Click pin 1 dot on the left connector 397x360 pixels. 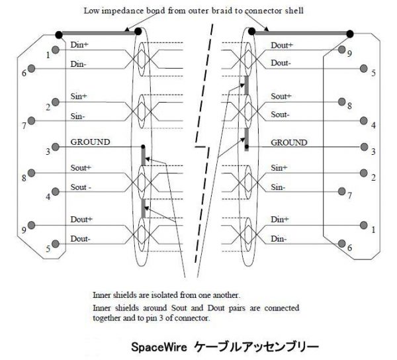[x=56, y=50]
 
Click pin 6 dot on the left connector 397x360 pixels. [x=31, y=68]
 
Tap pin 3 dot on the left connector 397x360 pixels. [x=56, y=147]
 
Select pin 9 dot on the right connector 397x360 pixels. [x=342, y=50]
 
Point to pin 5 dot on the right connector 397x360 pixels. [x=363, y=68]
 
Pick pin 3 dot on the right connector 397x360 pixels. [x=364, y=147]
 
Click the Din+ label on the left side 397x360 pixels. [x=79, y=45]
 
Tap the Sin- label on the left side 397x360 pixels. [x=77, y=116]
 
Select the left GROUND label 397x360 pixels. [x=90, y=142]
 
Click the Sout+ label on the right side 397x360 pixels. [x=281, y=96]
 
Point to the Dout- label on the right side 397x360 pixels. [x=281, y=63]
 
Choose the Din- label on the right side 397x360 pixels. [x=279, y=239]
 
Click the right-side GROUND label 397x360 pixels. [x=289, y=142]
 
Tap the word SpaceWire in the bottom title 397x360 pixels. [x=159, y=347]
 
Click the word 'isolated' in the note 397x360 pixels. [x=165, y=295]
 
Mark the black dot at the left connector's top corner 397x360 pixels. [x=59, y=34]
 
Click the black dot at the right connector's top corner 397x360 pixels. [x=350, y=34]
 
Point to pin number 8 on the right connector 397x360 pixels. [x=349, y=106]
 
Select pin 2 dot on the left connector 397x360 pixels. [x=56, y=102]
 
